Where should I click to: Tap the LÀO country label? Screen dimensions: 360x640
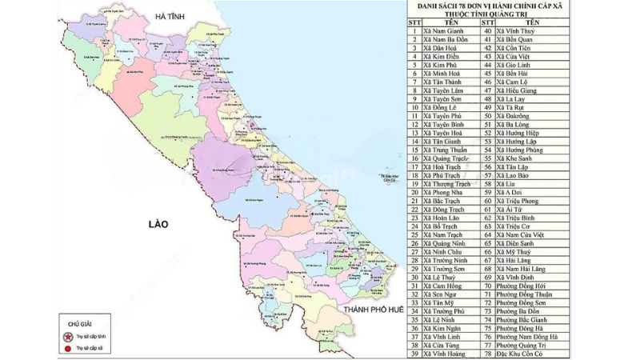click(x=152, y=225)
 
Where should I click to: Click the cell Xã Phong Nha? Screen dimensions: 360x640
click(x=446, y=192)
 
